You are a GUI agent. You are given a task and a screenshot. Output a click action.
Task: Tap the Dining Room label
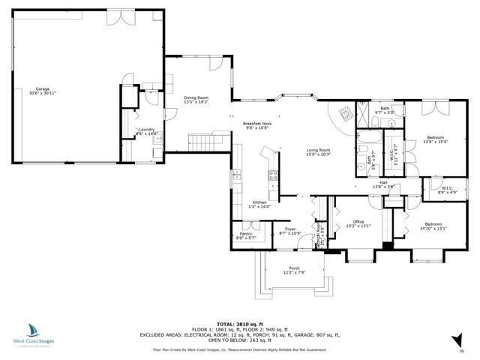pos(196,98)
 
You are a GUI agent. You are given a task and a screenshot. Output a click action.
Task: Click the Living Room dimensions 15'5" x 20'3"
pos(319,155)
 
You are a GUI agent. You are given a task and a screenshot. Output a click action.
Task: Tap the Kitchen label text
pos(259,202)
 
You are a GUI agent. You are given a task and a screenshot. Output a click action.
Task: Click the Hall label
pos(383,182)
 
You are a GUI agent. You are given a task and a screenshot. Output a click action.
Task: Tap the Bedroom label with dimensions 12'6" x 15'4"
pos(436,137)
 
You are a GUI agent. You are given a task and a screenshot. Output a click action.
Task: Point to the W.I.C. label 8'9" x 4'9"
pos(447,188)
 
